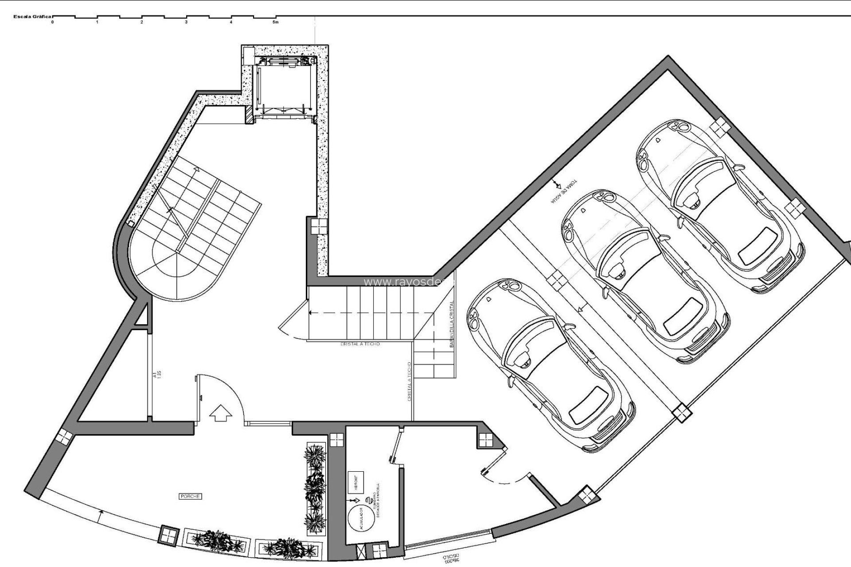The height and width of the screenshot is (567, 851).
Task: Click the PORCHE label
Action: (x=191, y=497)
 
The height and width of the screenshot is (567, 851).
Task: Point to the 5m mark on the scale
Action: (x=276, y=22)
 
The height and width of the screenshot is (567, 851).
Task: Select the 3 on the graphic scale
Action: (x=186, y=22)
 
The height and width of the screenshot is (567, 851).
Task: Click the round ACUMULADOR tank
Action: (x=360, y=519)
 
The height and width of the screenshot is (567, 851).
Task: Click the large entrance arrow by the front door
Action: (x=221, y=415)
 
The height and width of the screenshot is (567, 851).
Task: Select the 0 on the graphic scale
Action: (x=52, y=22)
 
